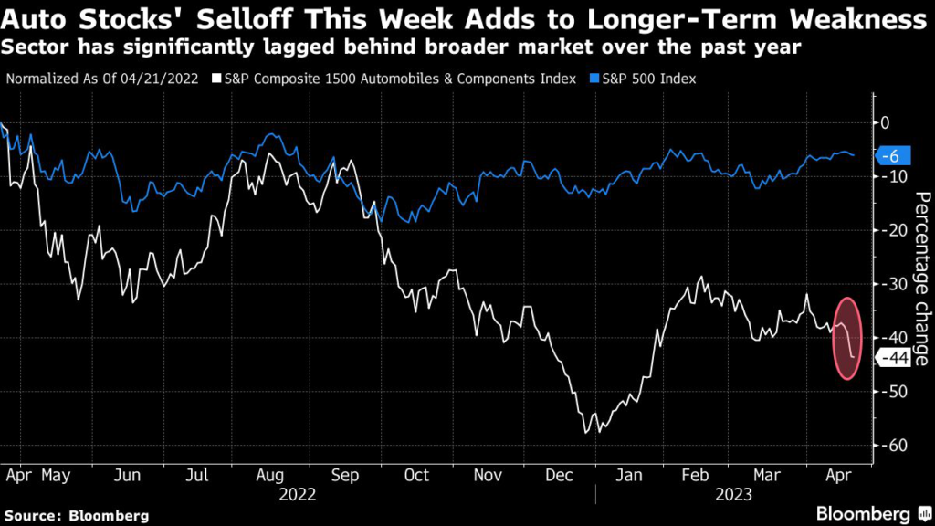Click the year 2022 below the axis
click(298, 495)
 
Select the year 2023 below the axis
click(735, 495)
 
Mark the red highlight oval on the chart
click(847, 339)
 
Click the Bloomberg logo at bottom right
click(864, 513)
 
